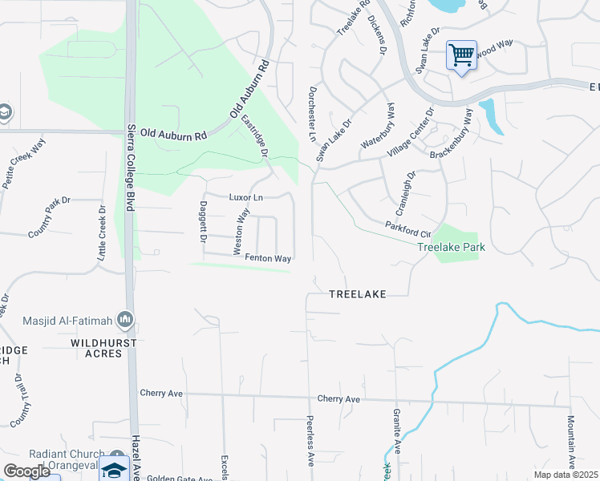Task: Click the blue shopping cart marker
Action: pyautogui.click(x=461, y=55)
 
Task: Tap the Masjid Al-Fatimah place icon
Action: pyautogui.click(x=124, y=321)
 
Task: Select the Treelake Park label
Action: pyautogui.click(x=452, y=248)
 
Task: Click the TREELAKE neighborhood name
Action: pyautogui.click(x=358, y=294)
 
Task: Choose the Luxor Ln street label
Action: pyautogui.click(x=246, y=196)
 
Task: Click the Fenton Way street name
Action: pyautogui.click(x=268, y=258)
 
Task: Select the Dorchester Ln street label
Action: pyautogui.click(x=311, y=115)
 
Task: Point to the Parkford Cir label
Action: pyautogui.click(x=403, y=228)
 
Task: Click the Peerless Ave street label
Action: pyautogui.click(x=310, y=441)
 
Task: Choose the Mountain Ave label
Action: pyautogui.click(x=572, y=441)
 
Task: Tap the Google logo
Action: pyautogui.click(x=26, y=471)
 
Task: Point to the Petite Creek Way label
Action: pyautogui.click(x=23, y=164)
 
